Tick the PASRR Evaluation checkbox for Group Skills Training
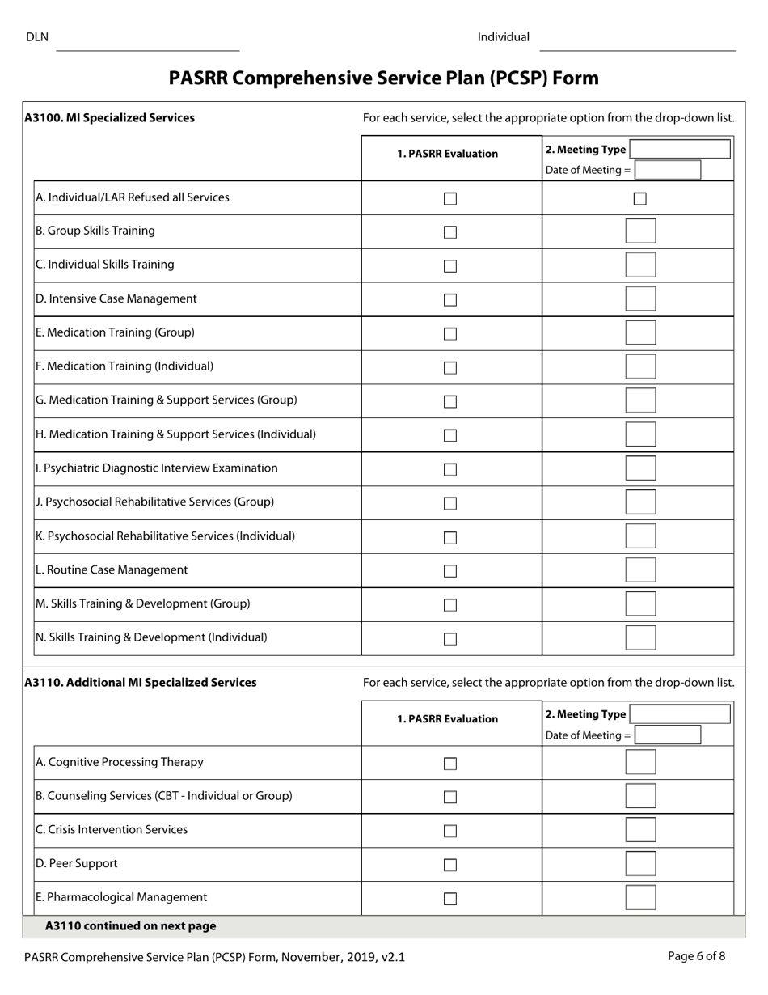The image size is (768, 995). point(450,232)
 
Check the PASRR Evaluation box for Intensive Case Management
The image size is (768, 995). point(450,300)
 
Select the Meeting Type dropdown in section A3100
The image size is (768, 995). point(680,149)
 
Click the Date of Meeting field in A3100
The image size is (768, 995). point(668,170)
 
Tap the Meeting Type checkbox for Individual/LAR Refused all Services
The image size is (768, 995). point(639,199)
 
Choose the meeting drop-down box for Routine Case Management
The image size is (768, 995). point(640,569)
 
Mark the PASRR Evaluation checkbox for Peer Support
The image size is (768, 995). point(450,865)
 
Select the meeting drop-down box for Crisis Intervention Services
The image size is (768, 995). point(640,830)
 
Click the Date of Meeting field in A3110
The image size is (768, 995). point(668,735)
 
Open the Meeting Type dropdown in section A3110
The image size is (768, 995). point(680,714)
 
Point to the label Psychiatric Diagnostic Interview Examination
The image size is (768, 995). point(157,468)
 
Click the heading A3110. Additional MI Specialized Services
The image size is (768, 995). point(141,683)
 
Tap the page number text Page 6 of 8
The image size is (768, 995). point(696,956)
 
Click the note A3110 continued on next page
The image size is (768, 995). point(130,926)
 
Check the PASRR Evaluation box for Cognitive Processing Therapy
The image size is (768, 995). point(450,764)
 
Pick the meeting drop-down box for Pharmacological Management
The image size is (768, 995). point(640,898)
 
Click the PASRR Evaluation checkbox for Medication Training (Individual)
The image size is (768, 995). point(450,368)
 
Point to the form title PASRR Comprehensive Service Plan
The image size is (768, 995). point(383,78)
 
